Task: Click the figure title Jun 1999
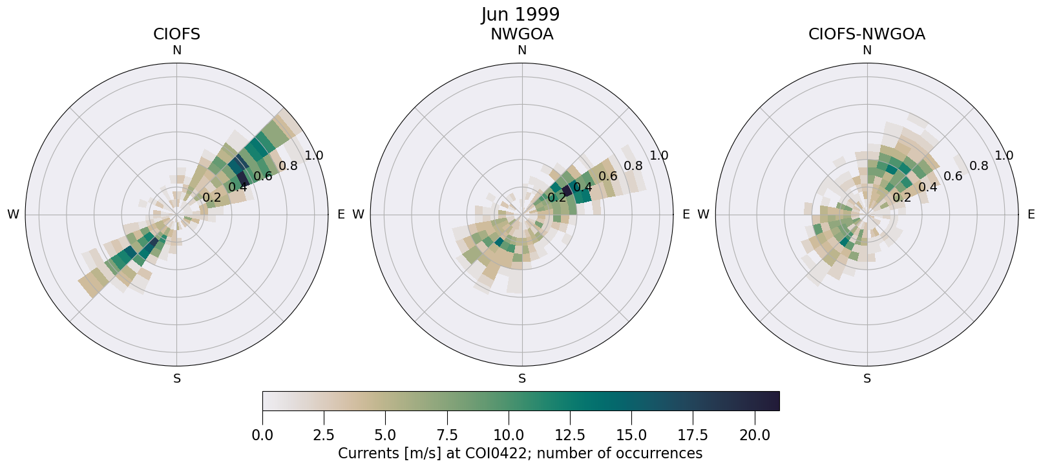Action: click(x=520, y=14)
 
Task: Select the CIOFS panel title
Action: click(x=176, y=34)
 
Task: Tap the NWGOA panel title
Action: click(x=521, y=34)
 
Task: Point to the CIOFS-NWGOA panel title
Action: click(x=867, y=34)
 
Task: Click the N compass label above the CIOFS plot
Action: click(x=176, y=50)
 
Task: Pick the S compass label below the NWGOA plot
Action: click(x=522, y=379)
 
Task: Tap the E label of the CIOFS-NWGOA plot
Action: click(x=1031, y=215)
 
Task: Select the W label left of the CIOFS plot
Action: click(x=13, y=215)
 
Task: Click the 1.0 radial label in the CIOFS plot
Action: click(x=314, y=155)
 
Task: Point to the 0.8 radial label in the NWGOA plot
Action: click(x=633, y=165)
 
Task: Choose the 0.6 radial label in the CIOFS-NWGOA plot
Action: click(x=953, y=176)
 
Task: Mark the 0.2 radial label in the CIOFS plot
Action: click(x=211, y=198)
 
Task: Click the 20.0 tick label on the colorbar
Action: click(x=753, y=436)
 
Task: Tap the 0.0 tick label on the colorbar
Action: click(x=262, y=436)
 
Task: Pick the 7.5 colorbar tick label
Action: click(x=447, y=436)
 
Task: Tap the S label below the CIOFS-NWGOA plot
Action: click(x=867, y=379)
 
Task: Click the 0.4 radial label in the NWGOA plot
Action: click(x=583, y=187)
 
